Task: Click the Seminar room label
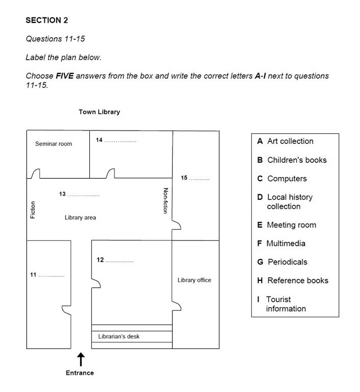coord(54,144)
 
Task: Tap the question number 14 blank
coord(120,140)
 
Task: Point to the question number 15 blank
coord(199,179)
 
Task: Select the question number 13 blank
coord(83,194)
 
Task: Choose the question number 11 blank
coord(52,276)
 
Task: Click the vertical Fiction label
coord(33,210)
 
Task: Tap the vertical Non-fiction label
coord(165,201)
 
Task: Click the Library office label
coord(194,280)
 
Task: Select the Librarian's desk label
coord(119,337)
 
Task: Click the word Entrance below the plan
coord(80,373)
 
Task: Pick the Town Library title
coord(99,112)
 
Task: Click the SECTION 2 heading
coord(46,20)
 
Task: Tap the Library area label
coord(80,217)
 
